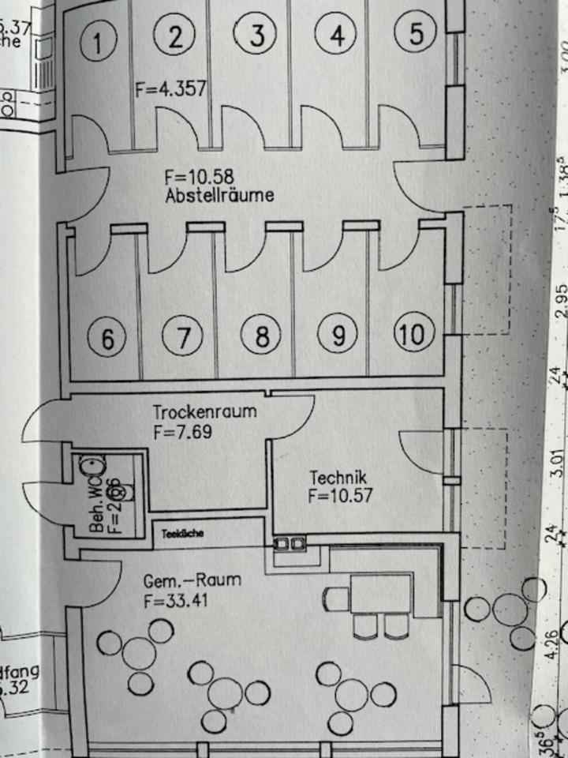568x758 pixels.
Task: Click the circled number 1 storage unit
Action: pyautogui.click(x=98, y=42)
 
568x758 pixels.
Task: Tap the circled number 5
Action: pyautogui.click(x=418, y=33)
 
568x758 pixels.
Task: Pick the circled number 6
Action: pyautogui.click(x=108, y=340)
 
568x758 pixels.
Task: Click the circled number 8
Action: pyautogui.click(x=261, y=337)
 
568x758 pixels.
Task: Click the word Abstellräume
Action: pyautogui.click(x=220, y=194)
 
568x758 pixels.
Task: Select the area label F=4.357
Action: pyautogui.click(x=170, y=88)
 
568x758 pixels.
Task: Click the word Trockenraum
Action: pyautogui.click(x=204, y=412)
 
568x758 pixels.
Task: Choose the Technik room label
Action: pyautogui.click(x=338, y=478)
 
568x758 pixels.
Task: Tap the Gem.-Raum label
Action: pyautogui.click(x=192, y=582)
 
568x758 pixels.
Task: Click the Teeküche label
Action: pyautogui.click(x=183, y=534)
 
